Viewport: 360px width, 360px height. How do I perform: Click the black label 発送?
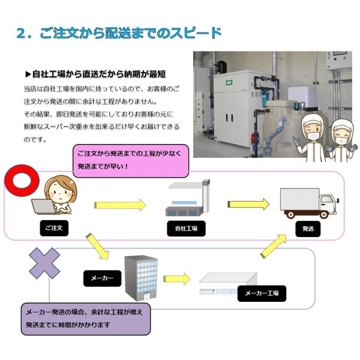coord(307,229)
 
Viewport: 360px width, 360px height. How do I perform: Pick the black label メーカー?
coord(102,278)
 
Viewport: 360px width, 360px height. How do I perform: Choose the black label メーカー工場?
coord(262,293)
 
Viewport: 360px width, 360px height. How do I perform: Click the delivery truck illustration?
coord(308,202)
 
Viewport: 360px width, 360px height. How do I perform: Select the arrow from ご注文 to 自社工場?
coord(120,205)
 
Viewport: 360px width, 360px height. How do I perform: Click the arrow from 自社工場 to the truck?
coord(247,205)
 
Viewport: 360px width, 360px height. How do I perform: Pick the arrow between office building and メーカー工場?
coord(176,279)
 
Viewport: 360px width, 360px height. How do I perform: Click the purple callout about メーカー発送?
coord(85,318)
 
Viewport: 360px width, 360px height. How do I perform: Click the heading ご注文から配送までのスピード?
coord(119,32)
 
